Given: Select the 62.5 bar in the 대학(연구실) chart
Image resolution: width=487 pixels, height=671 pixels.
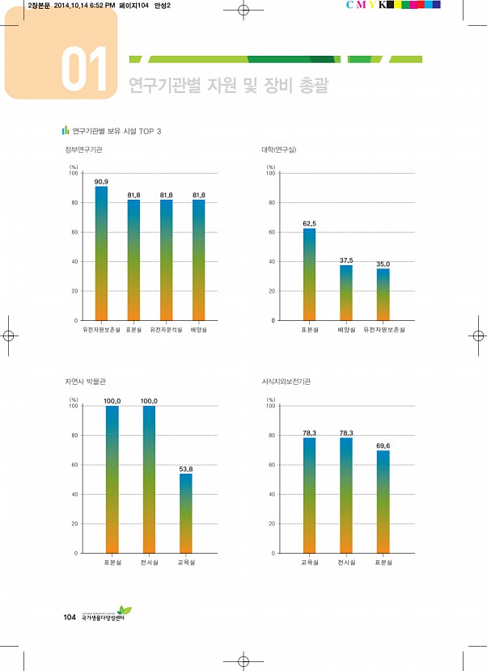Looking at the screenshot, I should coord(309,274).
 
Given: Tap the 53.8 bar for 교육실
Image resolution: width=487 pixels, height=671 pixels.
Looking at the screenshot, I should coord(185,513).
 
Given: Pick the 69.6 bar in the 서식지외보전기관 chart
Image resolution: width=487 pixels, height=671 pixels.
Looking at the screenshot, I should coord(383,501).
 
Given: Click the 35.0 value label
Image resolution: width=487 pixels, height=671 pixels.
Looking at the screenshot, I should coord(383,264).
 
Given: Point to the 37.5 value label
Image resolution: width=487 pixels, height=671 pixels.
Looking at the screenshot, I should coord(346,260).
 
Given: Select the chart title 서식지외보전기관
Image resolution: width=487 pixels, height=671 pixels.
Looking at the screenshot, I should coord(286,382).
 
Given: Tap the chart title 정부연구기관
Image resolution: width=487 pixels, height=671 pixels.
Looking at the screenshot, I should coord(84,150).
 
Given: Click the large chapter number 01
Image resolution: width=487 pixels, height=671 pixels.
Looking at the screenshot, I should coord(83,70).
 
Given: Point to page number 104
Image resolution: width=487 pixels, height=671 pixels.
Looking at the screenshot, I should coord(70,618).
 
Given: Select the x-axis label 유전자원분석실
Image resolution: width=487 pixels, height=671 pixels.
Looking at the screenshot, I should coord(166,330).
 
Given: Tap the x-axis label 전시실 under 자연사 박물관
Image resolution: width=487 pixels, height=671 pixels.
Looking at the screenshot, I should coord(149,562).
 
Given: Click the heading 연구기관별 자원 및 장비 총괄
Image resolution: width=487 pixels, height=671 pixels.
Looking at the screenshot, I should coord(229,86).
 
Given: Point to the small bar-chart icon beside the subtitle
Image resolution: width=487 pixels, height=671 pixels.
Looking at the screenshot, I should coord(66,130).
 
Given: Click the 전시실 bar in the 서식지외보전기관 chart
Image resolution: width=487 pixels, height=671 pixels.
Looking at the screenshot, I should coord(345,495).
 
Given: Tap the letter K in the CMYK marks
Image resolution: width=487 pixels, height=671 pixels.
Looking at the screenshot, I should coord(381,5).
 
